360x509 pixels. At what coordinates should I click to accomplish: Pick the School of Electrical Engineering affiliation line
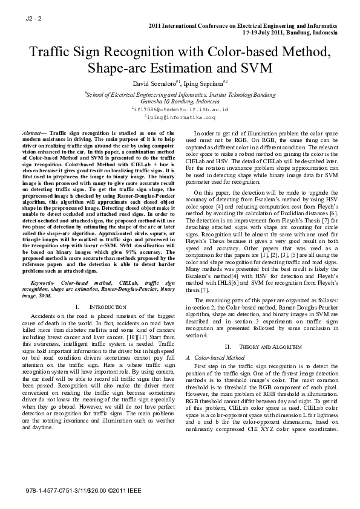pyautogui.click(x=180, y=95)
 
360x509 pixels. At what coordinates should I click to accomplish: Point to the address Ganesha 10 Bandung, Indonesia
pyautogui.click(x=180, y=102)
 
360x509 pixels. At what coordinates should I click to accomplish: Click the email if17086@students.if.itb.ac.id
pyautogui.click(x=180, y=110)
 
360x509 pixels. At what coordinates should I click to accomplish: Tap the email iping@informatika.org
pyautogui.click(x=180, y=118)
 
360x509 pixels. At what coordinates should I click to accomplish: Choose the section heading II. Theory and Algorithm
pyautogui.click(x=262, y=347)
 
